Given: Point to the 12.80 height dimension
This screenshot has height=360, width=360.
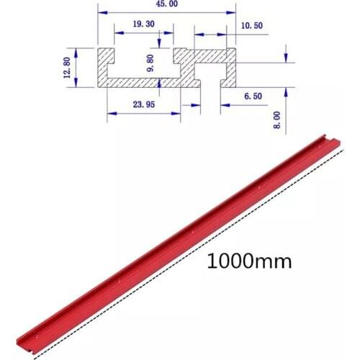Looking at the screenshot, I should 67,68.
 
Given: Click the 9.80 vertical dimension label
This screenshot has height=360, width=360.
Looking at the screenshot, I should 150,64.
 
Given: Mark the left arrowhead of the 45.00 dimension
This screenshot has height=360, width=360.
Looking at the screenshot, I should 101,13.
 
